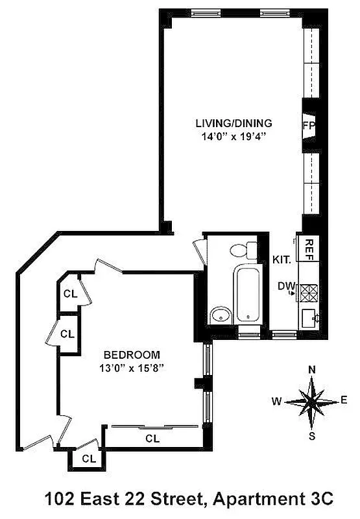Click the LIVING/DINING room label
click(234, 123)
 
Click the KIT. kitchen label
click(281, 259)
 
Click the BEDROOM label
click(132, 355)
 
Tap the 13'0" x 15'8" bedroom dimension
click(132, 368)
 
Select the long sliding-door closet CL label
click(152, 439)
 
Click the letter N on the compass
click(312, 370)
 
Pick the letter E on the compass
click(344, 400)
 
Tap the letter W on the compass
click(277, 402)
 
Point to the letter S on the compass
click(312, 436)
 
